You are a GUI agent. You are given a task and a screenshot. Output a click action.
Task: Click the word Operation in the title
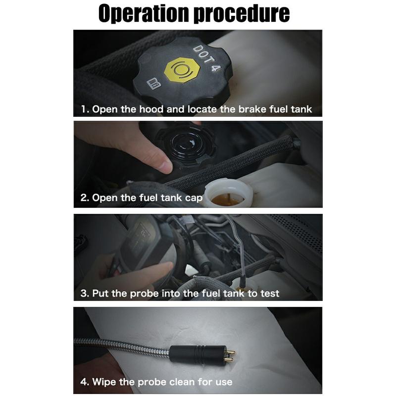[144, 14]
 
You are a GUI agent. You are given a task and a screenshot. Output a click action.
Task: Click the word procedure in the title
[242, 14]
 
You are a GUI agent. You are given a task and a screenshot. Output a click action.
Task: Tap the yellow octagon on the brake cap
[182, 70]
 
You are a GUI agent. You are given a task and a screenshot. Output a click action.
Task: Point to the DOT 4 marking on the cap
[206, 58]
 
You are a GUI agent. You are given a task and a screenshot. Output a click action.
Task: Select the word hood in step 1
[151, 109]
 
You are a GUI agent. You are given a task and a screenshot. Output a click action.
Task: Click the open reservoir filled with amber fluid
[228, 194]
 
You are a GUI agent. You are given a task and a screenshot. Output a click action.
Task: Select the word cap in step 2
[194, 198]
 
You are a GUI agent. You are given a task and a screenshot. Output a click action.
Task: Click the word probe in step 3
[144, 294]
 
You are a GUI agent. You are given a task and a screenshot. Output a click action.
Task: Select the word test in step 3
[270, 294]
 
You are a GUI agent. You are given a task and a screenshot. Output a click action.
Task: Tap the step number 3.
[84, 294]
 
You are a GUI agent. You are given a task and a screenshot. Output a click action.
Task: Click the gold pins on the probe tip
[230, 354]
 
